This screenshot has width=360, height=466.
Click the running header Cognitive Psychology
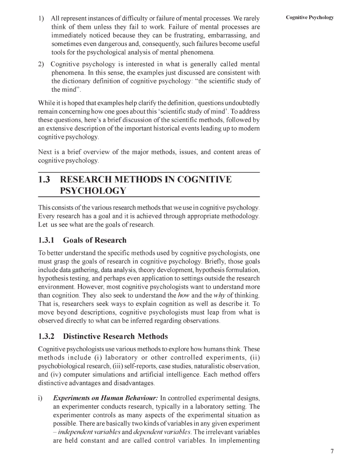(310, 17)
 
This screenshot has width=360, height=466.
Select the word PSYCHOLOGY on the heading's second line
(93, 191)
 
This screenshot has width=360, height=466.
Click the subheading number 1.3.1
(46, 240)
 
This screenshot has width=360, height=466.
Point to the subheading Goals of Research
(95, 240)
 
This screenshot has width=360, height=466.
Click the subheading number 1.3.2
(46, 336)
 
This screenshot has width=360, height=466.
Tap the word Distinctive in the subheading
(82, 336)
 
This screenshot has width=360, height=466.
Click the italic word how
(184, 295)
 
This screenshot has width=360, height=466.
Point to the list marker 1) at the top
(41, 18)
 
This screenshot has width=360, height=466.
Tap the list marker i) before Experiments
(40, 398)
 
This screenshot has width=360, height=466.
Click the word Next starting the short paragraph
(45, 152)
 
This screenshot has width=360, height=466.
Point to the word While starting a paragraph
(46, 103)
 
